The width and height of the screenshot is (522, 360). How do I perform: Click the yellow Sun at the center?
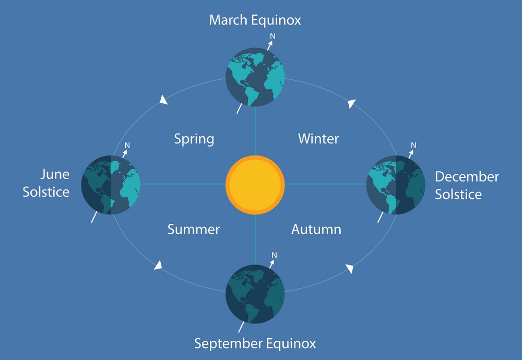click(x=255, y=185)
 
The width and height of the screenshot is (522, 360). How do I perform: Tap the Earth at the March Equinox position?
click(x=255, y=77)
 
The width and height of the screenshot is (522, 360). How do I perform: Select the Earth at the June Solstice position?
click(x=111, y=185)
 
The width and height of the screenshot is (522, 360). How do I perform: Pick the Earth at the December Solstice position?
click(x=396, y=185)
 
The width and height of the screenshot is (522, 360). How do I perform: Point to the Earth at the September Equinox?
click(x=255, y=294)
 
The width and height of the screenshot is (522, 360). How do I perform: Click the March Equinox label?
click(x=255, y=20)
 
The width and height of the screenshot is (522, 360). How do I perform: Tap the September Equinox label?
click(x=255, y=343)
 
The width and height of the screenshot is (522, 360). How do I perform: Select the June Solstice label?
click(x=46, y=183)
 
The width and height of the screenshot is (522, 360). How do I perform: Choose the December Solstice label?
click(x=467, y=185)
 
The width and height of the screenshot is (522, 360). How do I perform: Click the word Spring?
click(x=194, y=139)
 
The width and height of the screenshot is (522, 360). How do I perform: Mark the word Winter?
click(x=318, y=139)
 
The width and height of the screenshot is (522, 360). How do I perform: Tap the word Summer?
click(x=194, y=229)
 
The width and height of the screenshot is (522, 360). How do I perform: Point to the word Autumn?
click(x=316, y=229)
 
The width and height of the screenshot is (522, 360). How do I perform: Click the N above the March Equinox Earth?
click(x=272, y=36)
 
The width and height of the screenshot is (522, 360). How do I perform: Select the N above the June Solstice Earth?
click(x=127, y=146)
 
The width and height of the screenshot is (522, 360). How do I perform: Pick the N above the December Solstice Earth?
click(x=413, y=145)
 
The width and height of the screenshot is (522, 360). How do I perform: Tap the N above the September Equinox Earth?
click(x=274, y=255)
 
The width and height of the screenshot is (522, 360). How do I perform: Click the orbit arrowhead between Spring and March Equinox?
click(x=163, y=100)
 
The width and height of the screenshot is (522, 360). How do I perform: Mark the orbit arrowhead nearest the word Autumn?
click(x=350, y=268)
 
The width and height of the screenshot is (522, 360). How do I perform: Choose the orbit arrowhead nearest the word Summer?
click(x=158, y=265)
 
